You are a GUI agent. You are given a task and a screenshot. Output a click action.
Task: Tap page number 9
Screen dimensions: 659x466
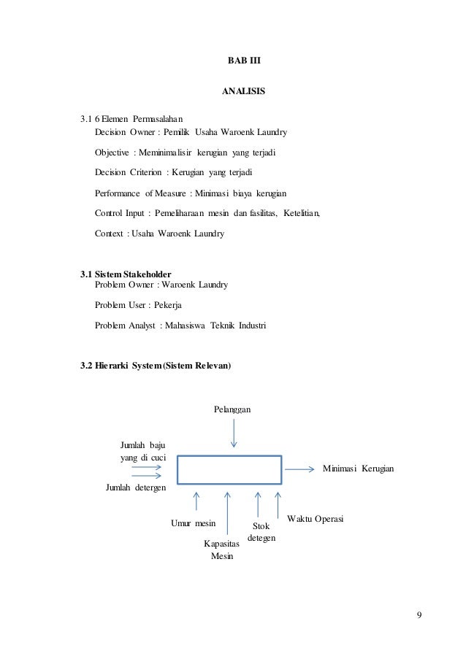click(419, 612)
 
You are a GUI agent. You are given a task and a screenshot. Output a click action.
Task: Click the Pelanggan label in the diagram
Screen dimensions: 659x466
click(233, 410)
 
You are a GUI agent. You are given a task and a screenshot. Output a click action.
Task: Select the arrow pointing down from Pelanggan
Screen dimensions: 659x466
click(234, 434)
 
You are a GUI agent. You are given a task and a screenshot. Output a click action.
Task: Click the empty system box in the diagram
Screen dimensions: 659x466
click(229, 469)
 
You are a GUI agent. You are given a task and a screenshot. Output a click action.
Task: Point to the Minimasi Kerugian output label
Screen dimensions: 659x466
click(358, 467)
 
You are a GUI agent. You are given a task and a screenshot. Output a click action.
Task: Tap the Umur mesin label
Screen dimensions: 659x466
click(193, 523)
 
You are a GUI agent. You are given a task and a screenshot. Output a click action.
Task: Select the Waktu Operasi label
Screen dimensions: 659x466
click(316, 517)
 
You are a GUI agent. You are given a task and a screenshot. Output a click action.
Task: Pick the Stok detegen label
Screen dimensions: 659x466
click(261, 531)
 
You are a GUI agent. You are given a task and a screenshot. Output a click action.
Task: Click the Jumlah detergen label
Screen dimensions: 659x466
click(136, 487)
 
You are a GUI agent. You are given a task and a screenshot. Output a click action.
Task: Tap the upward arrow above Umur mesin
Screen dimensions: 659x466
click(196, 501)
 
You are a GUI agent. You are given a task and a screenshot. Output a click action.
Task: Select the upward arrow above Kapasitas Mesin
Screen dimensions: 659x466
click(229, 515)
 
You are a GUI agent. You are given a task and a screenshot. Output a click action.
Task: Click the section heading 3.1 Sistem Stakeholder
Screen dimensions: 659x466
click(126, 274)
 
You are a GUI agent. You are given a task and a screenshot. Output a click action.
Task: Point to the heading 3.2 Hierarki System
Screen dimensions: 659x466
click(156, 365)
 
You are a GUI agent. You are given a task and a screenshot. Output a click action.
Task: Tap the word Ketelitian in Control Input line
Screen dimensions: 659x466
click(299, 214)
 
